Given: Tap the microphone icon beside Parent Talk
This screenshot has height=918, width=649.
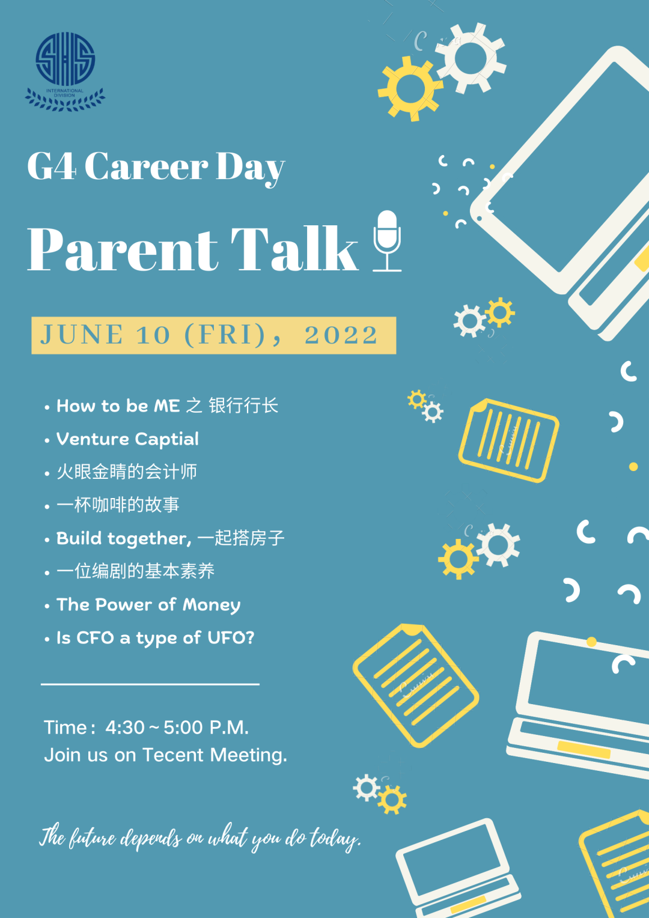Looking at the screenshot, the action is click(x=386, y=241).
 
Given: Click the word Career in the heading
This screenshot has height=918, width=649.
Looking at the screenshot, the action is click(x=147, y=166).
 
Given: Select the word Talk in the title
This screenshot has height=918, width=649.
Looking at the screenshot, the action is click(x=294, y=248).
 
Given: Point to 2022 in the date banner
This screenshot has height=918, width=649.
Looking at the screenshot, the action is click(x=341, y=335).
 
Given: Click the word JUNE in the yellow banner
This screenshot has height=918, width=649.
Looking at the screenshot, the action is click(x=82, y=335).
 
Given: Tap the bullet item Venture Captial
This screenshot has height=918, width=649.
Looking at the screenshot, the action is click(x=127, y=439).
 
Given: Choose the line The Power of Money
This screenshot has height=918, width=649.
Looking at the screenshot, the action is click(x=148, y=605).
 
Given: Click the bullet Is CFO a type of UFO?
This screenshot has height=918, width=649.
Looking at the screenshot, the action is click(x=156, y=638).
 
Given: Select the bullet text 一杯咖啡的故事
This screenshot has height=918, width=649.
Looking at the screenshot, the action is click(x=118, y=505).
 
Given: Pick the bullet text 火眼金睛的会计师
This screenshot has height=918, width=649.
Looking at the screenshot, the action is click(x=127, y=472).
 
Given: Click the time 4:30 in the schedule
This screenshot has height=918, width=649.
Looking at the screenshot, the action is click(x=125, y=728).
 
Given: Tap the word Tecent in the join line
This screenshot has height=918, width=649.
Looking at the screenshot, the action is click(x=173, y=755).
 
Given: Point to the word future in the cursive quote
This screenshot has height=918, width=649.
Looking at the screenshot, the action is click(x=93, y=837).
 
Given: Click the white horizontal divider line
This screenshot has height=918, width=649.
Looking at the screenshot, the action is click(x=150, y=684).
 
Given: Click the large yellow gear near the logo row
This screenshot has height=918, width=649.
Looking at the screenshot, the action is click(x=410, y=88).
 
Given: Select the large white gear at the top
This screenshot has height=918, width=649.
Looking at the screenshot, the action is click(x=471, y=58).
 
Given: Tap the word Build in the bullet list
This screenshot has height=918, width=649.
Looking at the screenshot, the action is click(x=79, y=538).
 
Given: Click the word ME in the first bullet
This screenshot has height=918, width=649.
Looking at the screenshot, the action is click(x=166, y=406).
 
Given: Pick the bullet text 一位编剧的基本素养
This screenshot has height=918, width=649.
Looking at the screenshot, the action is click(x=136, y=571).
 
